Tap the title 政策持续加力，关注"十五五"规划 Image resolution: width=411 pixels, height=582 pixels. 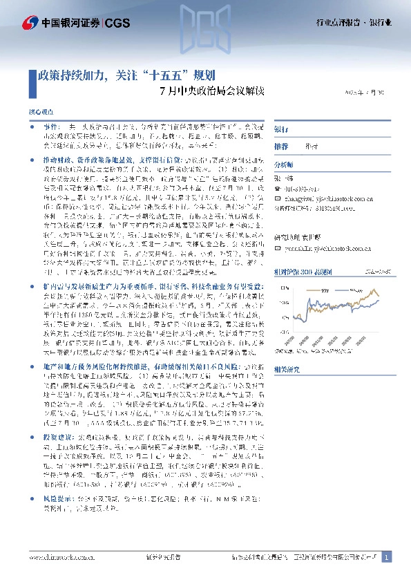point(128,75)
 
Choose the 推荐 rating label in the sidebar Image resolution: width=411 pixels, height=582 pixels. point(281,147)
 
